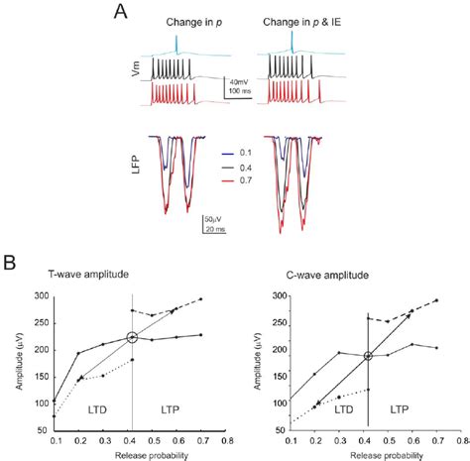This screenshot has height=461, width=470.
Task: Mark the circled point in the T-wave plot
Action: [x=132, y=338]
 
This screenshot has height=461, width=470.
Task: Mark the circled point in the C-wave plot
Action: [x=368, y=356]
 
